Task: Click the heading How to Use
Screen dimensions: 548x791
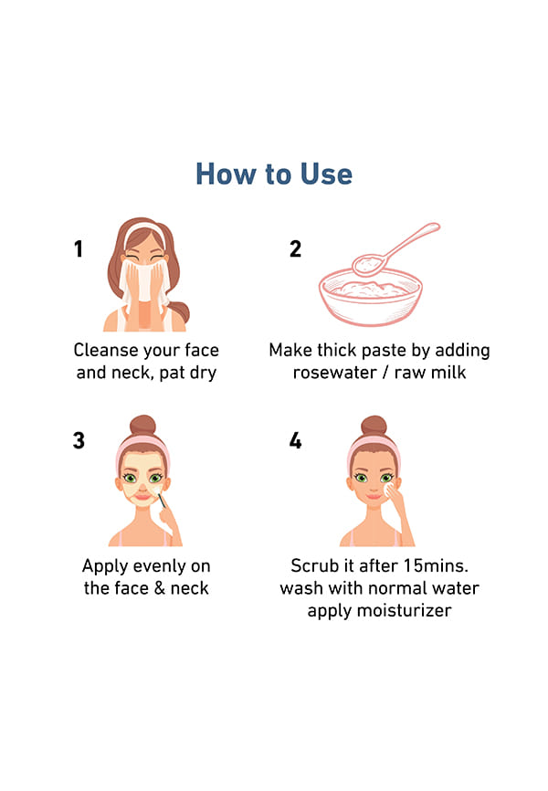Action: [x=274, y=174]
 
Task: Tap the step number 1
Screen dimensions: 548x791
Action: [x=79, y=248]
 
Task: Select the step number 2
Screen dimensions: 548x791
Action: [x=295, y=248]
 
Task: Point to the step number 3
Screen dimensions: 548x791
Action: [x=79, y=440]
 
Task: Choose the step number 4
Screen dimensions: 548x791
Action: [x=295, y=440]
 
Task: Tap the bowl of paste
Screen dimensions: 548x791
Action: [x=371, y=297]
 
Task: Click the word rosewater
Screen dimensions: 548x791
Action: [x=334, y=373]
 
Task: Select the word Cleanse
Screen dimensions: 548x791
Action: [x=105, y=350]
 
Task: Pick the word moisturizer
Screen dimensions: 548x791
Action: [x=404, y=610]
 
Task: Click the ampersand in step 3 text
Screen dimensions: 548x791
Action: [x=160, y=588]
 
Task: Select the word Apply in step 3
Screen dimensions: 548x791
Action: [x=105, y=567]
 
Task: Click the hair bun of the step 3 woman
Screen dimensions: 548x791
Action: [x=142, y=425]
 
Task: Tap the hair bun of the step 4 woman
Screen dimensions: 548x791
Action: [x=374, y=425]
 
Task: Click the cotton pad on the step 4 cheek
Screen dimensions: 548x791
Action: [x=389, y=490]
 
